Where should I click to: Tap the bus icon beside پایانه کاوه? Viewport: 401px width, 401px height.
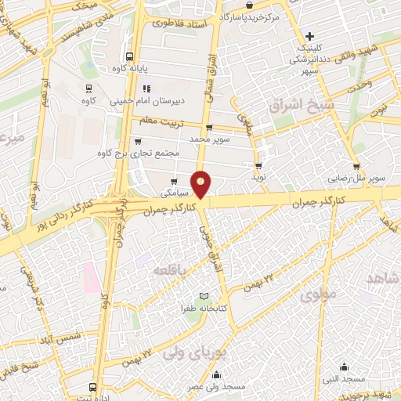(129, 56)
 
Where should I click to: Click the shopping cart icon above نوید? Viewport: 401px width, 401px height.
(258, 166)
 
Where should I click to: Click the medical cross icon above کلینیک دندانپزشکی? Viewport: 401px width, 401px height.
(311, 36)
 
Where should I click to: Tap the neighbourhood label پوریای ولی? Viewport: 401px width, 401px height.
(187, 352)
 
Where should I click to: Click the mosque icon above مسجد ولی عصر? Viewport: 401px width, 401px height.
(217, 374)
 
